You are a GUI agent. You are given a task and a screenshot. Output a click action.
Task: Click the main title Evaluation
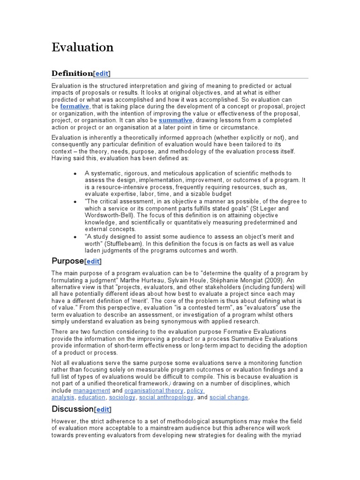(x=82, y=47)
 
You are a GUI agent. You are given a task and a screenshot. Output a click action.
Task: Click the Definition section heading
(x=72, y=73)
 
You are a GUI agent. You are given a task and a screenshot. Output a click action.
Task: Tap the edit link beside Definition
(x=102, y=73)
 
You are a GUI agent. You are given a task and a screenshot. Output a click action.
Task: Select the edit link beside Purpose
(x=93, y=261)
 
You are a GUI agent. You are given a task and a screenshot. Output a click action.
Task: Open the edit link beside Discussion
(x=104, y=409)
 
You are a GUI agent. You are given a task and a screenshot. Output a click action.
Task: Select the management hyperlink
(x=92, y=390)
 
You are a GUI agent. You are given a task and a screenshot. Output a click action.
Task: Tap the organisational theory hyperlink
(x=154, y=390)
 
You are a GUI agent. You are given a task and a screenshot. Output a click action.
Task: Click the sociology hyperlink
(x=122, y=397)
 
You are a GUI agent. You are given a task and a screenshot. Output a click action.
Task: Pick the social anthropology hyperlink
(x=166, y=397)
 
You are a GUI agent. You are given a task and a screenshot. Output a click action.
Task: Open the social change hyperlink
(x=229, y=397)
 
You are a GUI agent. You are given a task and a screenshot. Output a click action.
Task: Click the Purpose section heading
(x=67, y=261)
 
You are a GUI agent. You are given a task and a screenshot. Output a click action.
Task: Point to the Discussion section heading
(x=73, y=409)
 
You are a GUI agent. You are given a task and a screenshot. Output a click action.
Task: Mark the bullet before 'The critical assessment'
(x=75, y=202)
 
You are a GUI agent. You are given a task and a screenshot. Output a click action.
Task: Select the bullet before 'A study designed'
(x=75, y=237)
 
